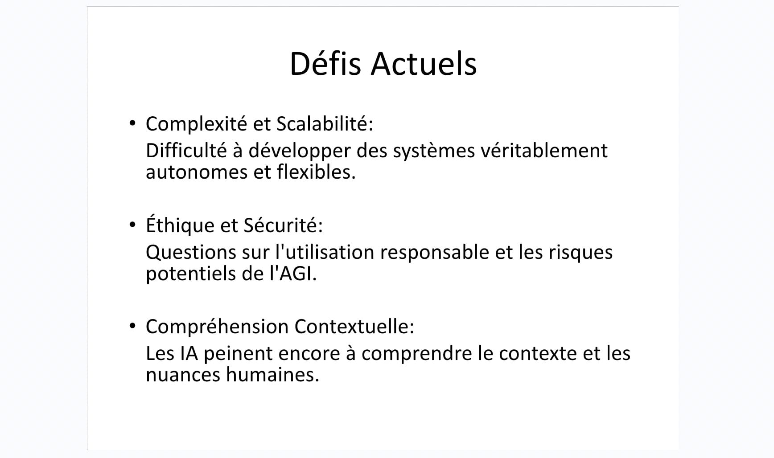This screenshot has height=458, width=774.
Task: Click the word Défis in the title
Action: coord(325,63)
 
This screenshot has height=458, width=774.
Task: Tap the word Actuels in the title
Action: coord(424,63)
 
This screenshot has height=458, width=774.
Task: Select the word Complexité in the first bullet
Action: coord(197,124)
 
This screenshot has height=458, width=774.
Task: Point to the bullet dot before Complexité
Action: coord(132,123)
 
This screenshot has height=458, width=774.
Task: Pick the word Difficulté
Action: coord(186,151)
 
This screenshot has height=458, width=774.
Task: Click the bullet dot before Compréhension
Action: coord(132,326)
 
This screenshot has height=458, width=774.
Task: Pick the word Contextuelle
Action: coord(354,326)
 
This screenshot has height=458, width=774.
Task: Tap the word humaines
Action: coord(273,375)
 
